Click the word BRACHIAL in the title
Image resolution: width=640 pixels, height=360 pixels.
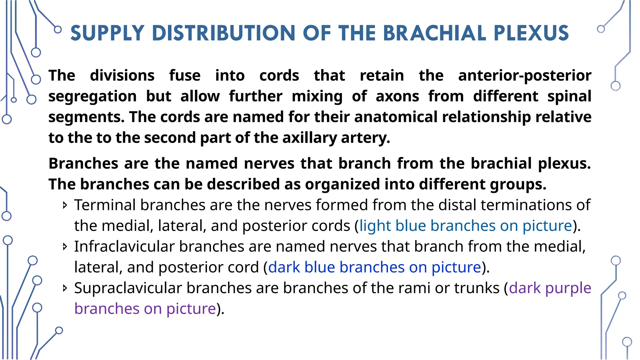[434, 33]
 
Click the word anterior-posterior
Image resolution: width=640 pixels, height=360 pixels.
[525, 76]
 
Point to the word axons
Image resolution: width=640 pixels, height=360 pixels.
[397, 96]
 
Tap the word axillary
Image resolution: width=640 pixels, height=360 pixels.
[309, 138]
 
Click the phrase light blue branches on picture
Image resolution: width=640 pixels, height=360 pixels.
[466, 226]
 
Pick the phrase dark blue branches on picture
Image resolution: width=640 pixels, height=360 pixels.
[374, 267]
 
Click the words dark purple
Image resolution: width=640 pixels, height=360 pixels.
[550, 288]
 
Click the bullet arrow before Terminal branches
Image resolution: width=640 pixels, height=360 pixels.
[65, 205]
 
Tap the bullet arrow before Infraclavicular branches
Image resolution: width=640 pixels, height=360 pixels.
[65, 247]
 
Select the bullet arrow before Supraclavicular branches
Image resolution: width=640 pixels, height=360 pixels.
[65, 288]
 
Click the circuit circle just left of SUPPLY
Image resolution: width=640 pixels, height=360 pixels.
[58, 30]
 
